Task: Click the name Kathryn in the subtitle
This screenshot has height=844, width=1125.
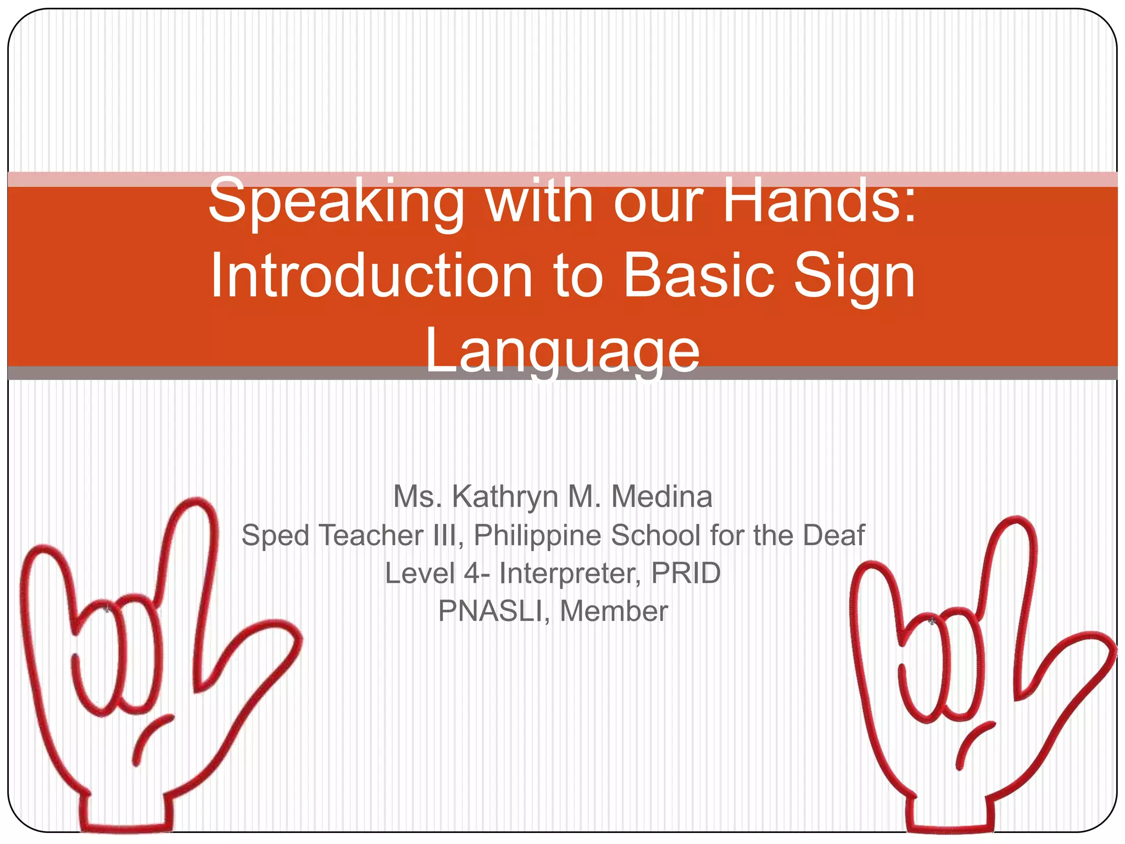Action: coord(505,497)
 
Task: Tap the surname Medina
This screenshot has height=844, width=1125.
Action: coord(661,497)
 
